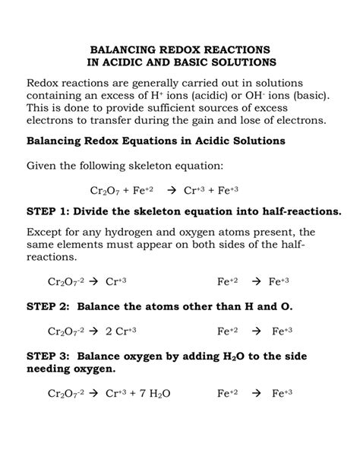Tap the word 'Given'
click(46, 166)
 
